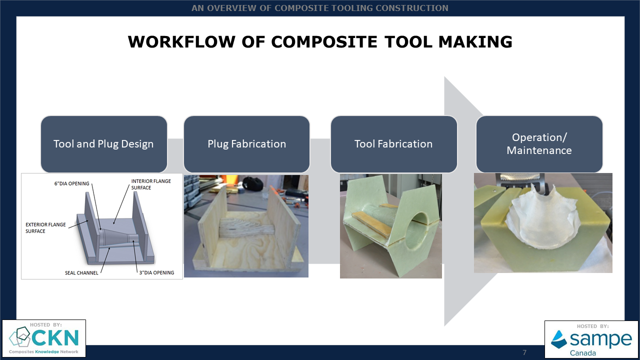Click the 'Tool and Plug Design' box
[x=103, y=144]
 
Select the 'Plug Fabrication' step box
[x=246, y=144]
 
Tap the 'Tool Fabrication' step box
[x=393, y=144]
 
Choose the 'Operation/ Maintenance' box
[x=539, y=144]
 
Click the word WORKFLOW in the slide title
[x=181, y=42]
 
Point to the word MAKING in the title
[x=475, y=42]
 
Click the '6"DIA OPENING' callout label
[x=71, y=183]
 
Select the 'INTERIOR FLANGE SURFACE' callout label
[x=151, y=184]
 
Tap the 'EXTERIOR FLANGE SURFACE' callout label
[x=45, y=227]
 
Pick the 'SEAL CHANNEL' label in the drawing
[x=81, y=273]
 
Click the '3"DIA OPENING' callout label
[x=156, y=272]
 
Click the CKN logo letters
[x=55, y=337]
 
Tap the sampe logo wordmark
[x=601, y=339]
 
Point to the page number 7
[x=524, y=352]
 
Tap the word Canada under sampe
[x=583, y=353]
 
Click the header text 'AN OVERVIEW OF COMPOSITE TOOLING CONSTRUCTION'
[x=319, y=8]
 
